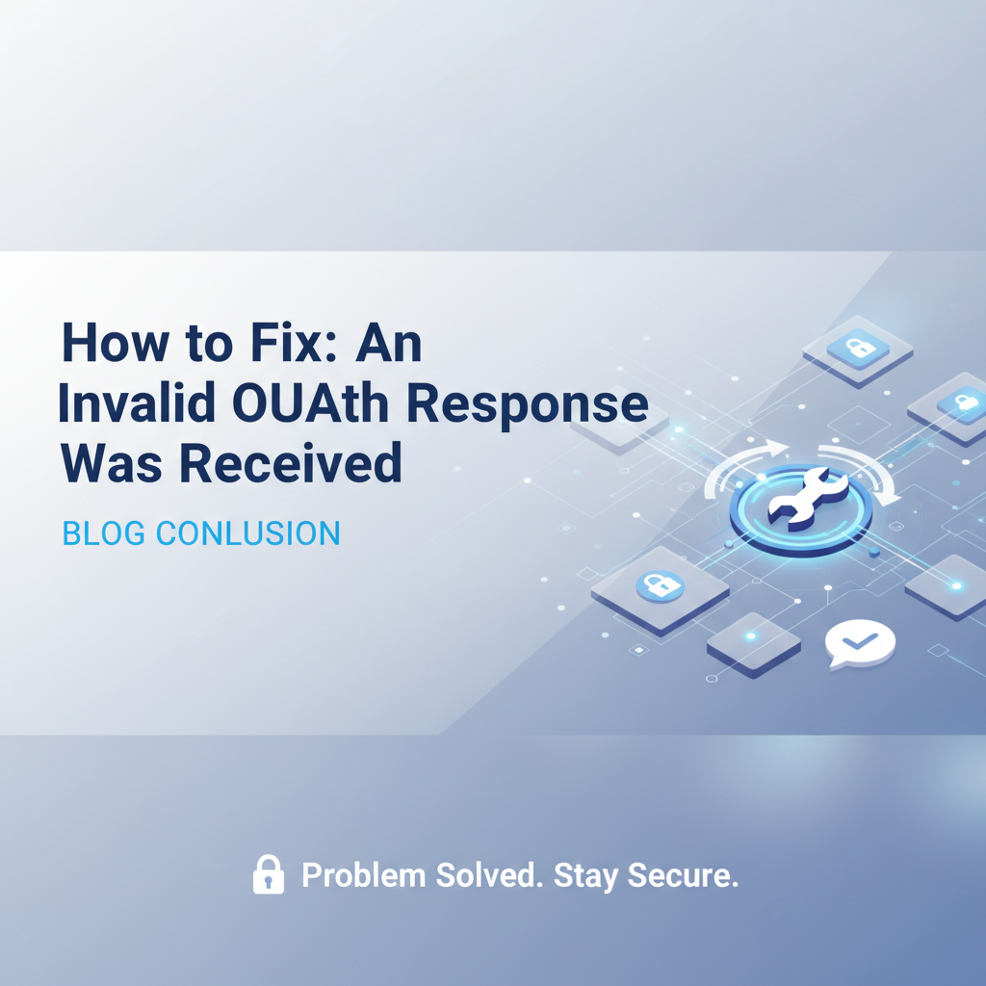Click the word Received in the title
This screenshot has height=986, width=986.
point(290,464)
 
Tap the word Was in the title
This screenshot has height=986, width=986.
point(114,464)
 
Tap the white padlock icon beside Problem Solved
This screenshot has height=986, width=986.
point(269,874)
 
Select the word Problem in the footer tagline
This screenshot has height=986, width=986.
point(363,876)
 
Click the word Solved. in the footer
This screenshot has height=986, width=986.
point(487,874)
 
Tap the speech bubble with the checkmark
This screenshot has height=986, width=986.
point(861,643)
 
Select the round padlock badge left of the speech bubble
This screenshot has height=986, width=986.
point(660,585)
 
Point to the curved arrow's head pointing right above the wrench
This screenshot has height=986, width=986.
point(778,449)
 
